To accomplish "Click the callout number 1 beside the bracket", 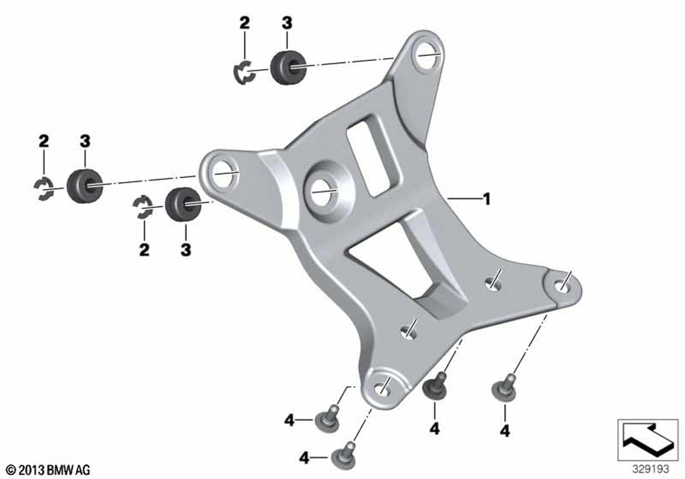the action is coord(486,199).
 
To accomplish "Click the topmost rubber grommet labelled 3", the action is coord(286,67).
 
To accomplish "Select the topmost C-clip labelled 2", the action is coord(245,72).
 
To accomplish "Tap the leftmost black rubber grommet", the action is coord(85,185).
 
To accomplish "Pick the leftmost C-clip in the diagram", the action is coord(44,190).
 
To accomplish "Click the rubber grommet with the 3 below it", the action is coord(183,204).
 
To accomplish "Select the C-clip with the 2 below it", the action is coord(143,207).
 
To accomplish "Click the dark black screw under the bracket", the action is coord(435,385).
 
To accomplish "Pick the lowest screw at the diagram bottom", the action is coord(344,456).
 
